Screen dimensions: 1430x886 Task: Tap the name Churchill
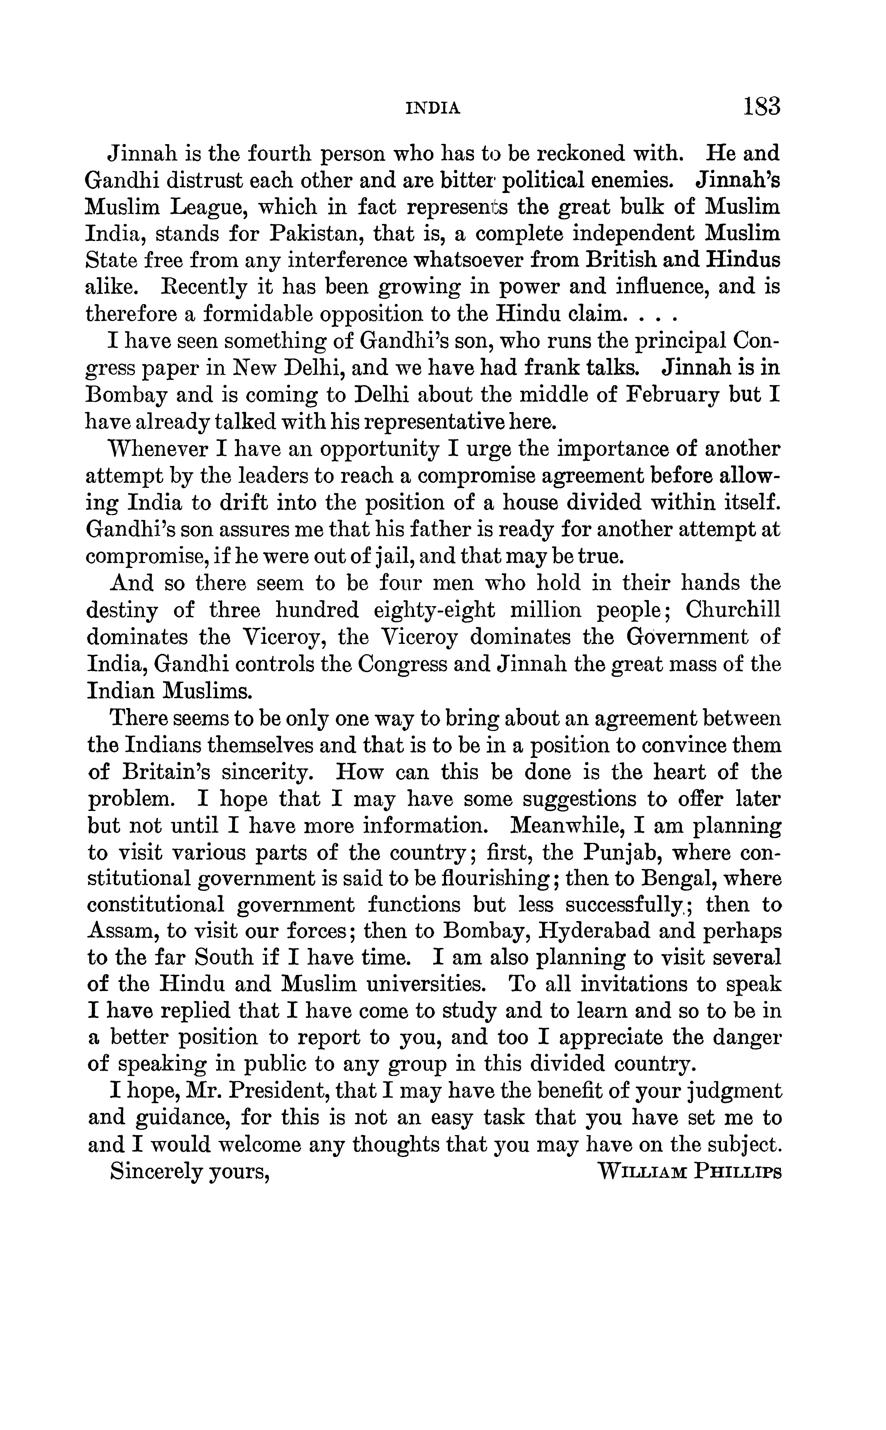click(x=733, y=610)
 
